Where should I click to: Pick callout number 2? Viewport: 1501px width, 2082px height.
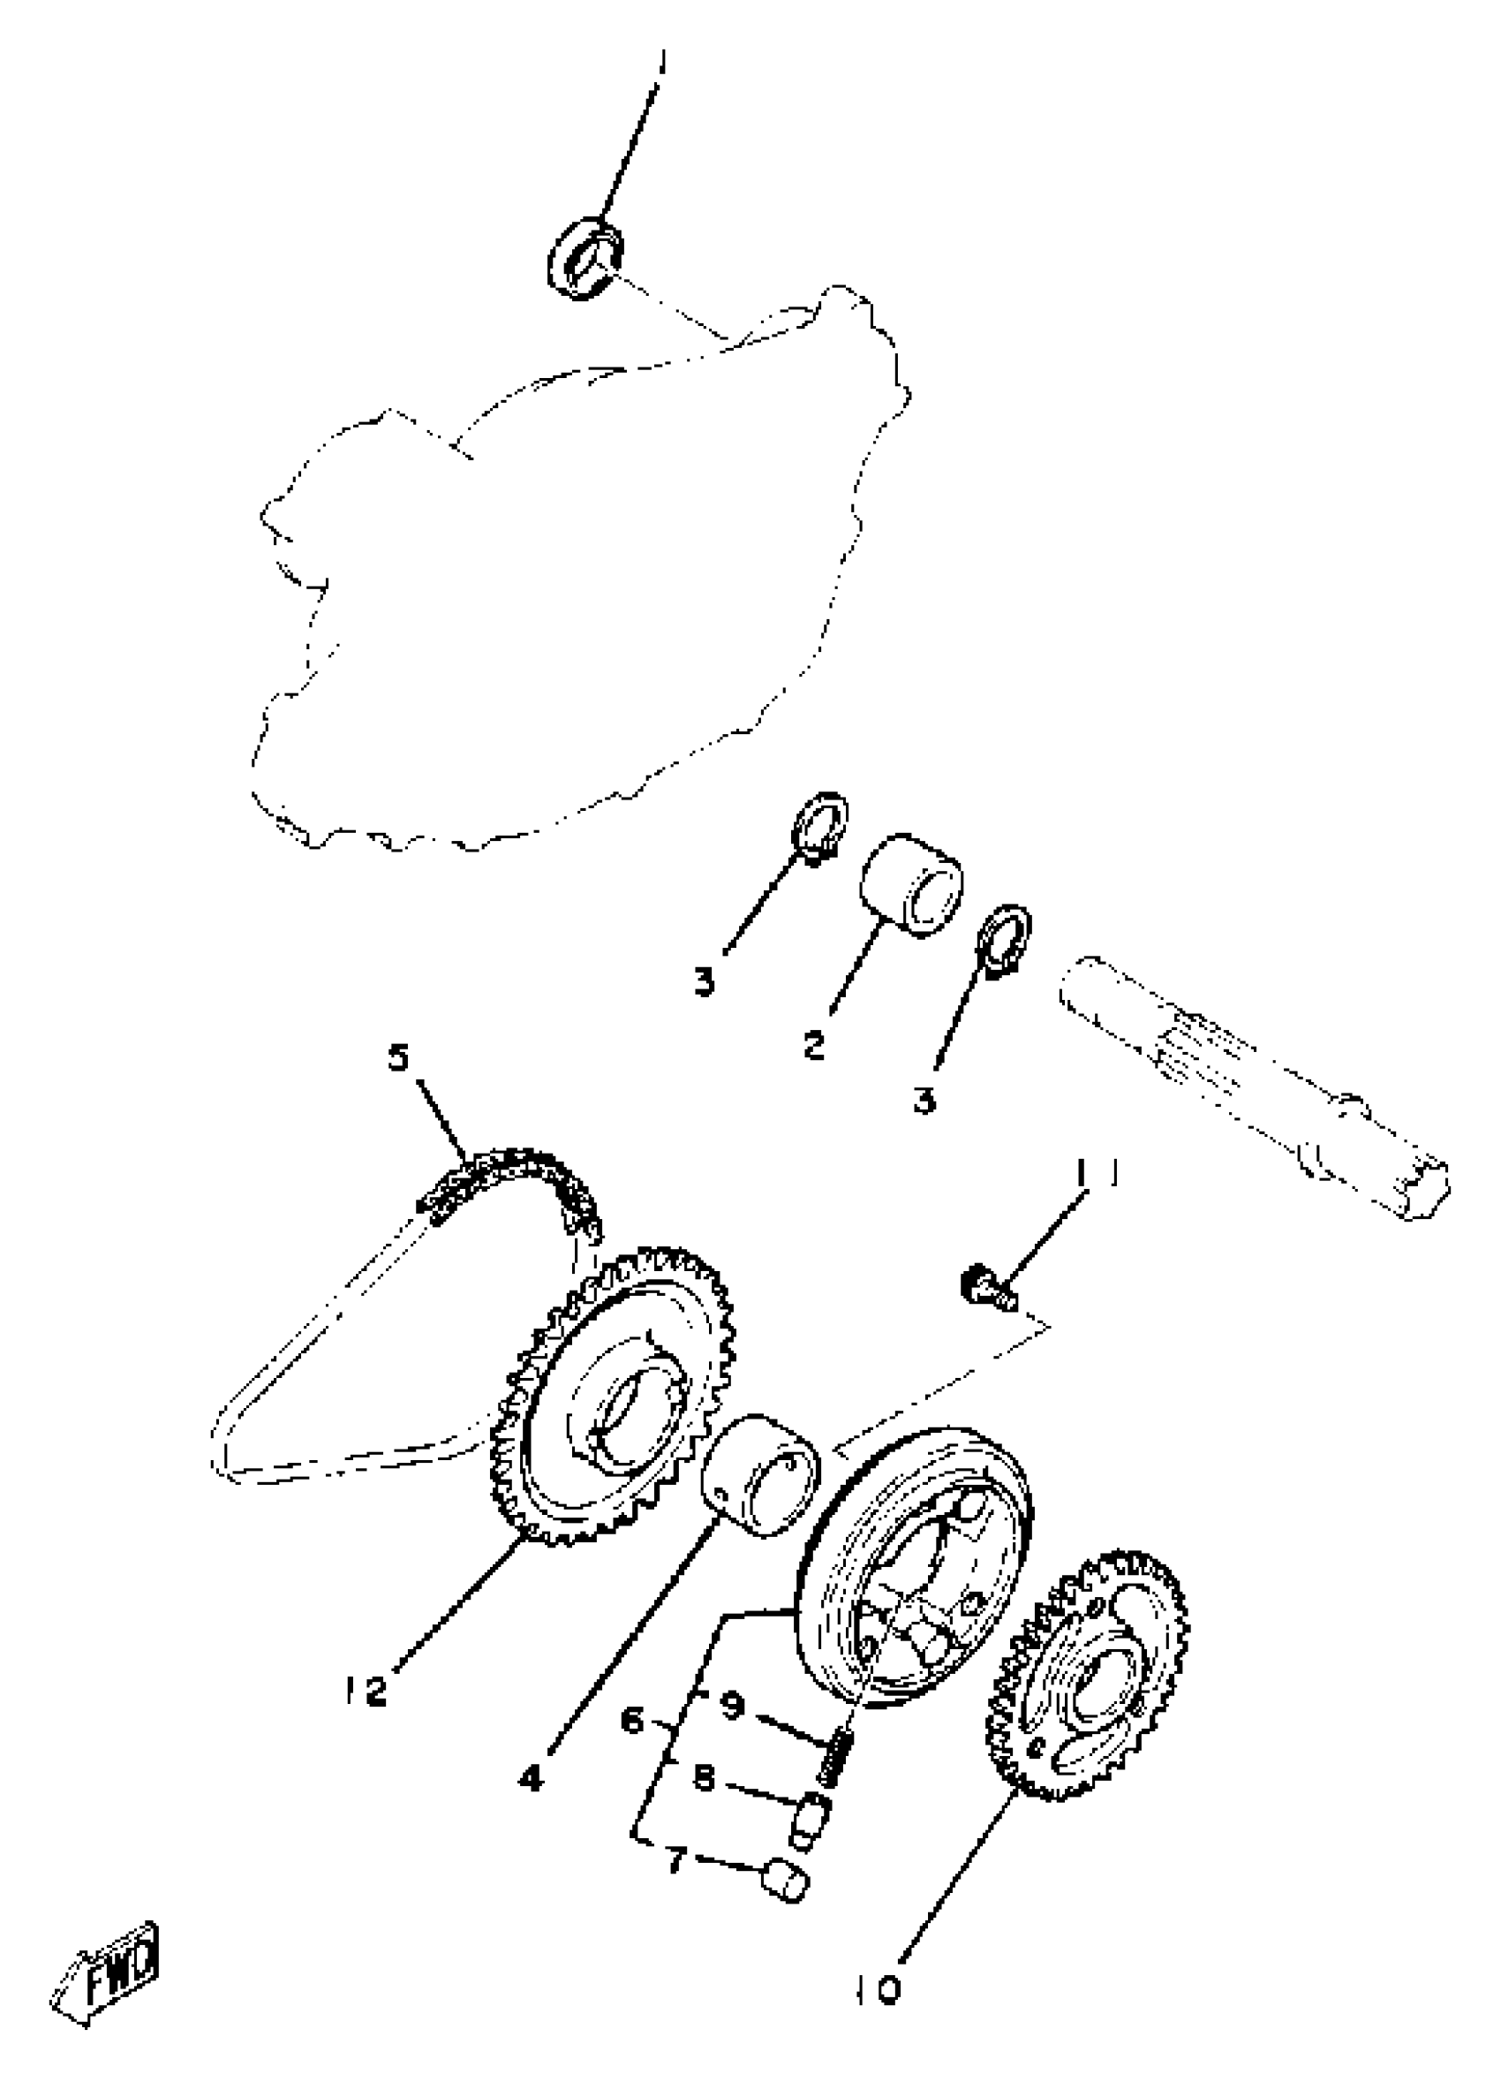[814, 1044]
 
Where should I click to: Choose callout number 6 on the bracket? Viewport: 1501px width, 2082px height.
[634, 1721]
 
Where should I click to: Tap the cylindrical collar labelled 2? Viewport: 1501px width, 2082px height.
[910, 884]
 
